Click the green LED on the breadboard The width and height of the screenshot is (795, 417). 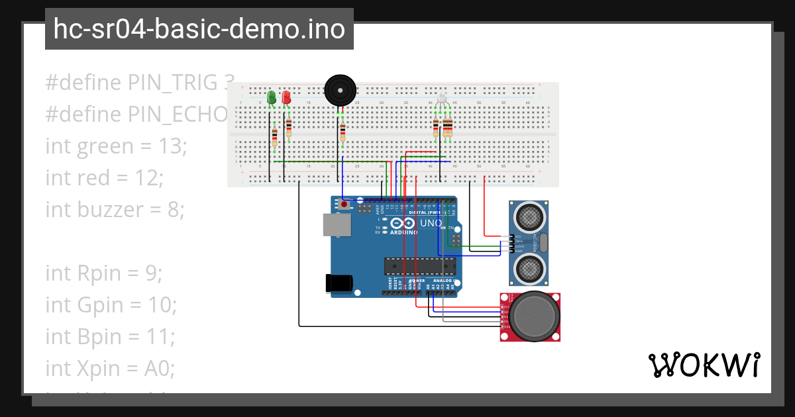click(x=271, y=97)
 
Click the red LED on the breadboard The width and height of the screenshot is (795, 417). click(x=286, y=97)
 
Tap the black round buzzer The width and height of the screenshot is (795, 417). click(x=340, y=89)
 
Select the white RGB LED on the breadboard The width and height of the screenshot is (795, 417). click(x=442, y=99)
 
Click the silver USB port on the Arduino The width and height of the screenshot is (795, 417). click(x=336, y=225)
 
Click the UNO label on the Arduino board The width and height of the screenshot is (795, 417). click(x=431, y=224)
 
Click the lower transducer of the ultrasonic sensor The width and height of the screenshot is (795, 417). click(x=529, y=268)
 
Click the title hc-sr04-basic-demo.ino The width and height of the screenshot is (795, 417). click(x=199, y=30)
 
